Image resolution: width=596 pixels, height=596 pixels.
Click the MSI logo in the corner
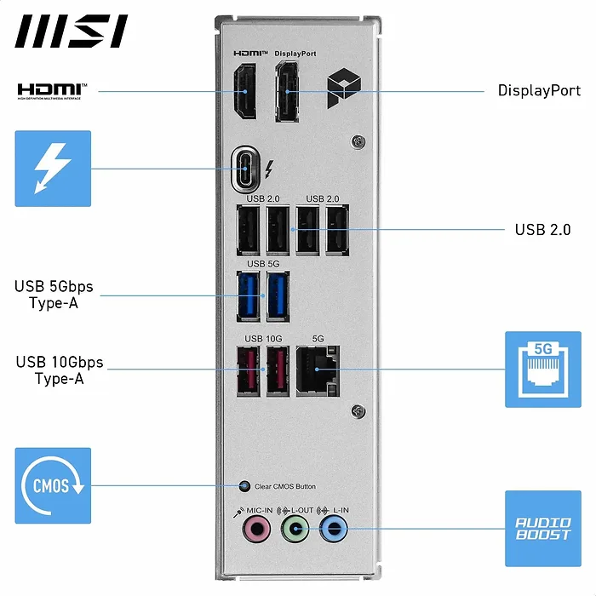coord(72,32)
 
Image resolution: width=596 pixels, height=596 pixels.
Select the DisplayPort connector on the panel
coord(286,91)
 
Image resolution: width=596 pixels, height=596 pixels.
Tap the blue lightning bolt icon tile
coord(53,168)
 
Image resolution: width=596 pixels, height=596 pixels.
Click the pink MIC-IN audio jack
coord(255,530)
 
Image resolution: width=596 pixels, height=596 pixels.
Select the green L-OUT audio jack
coord(295,530)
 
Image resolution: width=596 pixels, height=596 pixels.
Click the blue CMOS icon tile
coord(53,486)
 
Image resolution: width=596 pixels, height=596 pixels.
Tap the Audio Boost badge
coord(542,528)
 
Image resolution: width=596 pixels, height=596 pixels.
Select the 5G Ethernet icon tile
coord(542,370)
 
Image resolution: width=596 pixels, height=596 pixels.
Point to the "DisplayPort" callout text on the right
coord(539,91)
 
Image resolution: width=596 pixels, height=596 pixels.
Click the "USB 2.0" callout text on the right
coord(542,230)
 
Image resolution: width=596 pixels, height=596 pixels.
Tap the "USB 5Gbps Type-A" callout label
coord(54,294)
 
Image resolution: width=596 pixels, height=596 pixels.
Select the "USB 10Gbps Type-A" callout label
coord(59,370)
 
